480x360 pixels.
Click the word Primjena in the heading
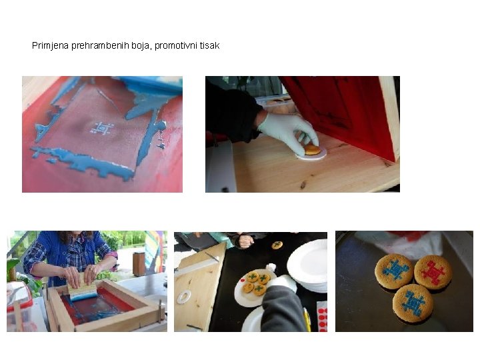pyautogui.click(x=50, y=45)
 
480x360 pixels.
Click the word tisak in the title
pyautogui.click(x=210, y=45)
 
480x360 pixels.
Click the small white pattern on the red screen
pyautogui.click(x=102, y=129)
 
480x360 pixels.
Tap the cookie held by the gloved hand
pyautogui.click(x=313, y=150)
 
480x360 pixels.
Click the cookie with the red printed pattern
pyautogui.click(x=433, y=272)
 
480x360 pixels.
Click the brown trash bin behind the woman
pyautogui.click(x=139, y=264)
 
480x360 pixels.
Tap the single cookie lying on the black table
pyautogui.click(x=277, y=245)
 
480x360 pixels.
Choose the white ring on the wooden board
pyautogui.click(x=184, y=296)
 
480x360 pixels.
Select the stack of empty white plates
pyautogui.click(x=307, y=266)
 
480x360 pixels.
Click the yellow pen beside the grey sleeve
pyautogui.click(x=307, y=319)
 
